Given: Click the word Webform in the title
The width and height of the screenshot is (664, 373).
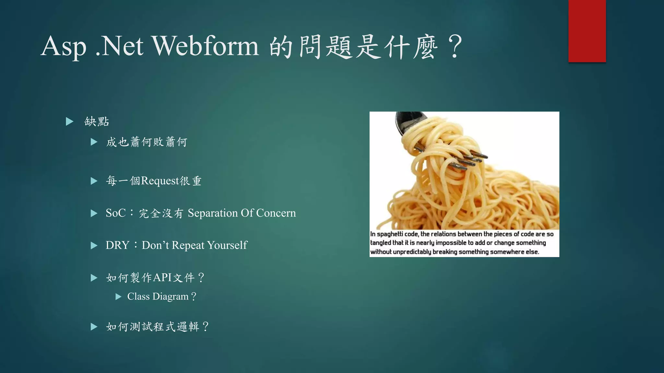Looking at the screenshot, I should pos(206,46).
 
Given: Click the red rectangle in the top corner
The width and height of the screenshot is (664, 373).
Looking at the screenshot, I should pos(587,31).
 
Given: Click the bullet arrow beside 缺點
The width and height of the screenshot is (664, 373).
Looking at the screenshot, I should pos(69,122).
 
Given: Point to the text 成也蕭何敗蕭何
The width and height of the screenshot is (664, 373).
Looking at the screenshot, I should pos(147,142).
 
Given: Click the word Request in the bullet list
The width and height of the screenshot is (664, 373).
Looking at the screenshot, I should pos(160,181).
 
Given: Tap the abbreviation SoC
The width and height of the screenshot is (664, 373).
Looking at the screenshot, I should pos(115,213).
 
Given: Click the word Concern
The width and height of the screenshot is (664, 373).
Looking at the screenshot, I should pos(276,213).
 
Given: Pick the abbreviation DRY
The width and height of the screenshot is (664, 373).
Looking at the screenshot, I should pos(117,245).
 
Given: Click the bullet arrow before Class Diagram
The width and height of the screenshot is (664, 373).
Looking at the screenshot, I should pos(119,297).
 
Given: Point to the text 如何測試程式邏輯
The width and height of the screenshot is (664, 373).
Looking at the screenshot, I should pos(152,327).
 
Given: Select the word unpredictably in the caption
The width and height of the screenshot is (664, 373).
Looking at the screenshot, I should pos(412,252).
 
